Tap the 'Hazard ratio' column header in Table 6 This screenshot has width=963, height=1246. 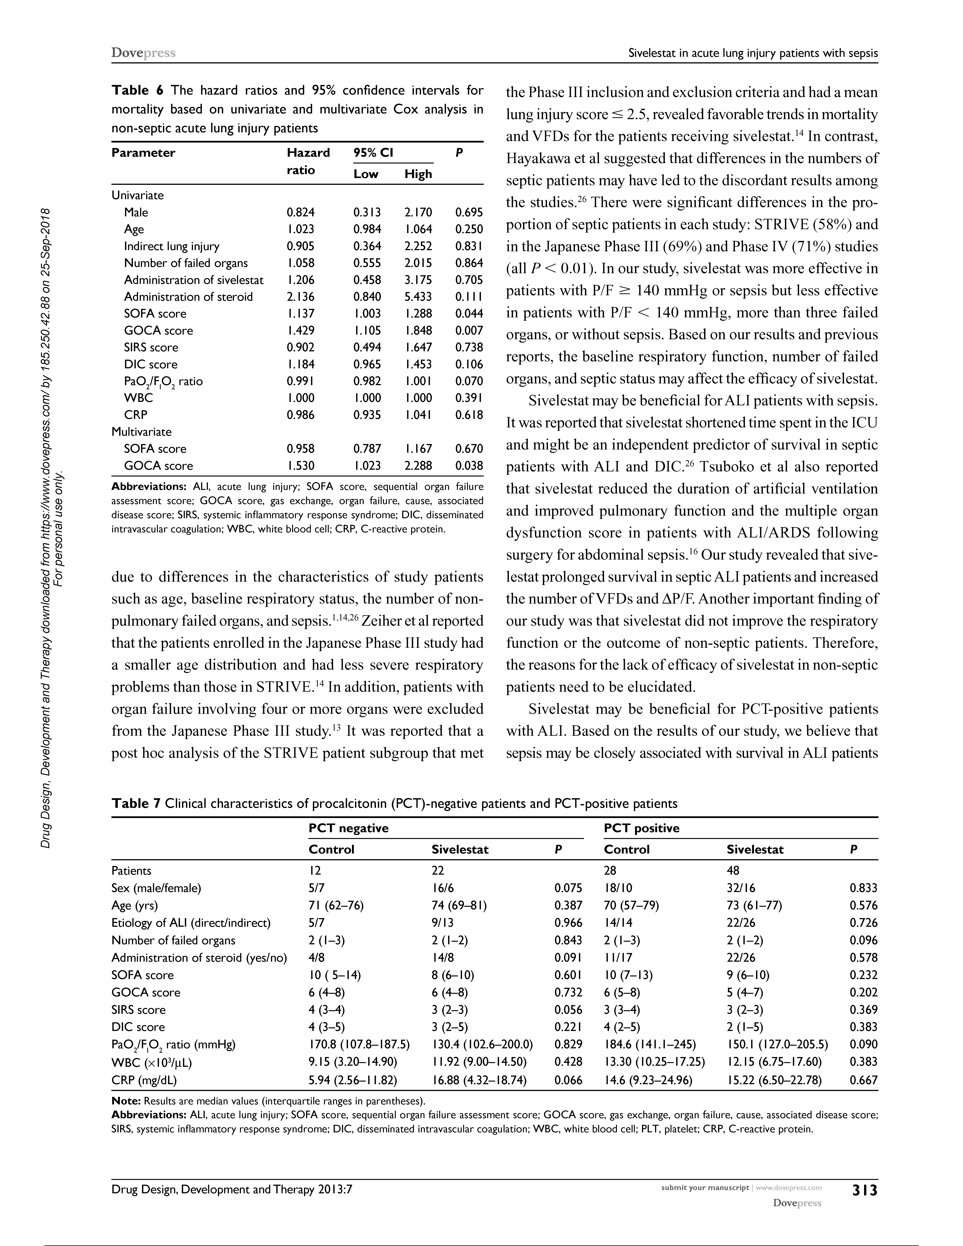coord(308,161)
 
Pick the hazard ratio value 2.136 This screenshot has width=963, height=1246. coord(301,297)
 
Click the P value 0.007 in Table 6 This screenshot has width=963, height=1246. coord(469,330)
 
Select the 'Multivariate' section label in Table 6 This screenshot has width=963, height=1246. coord(141,432)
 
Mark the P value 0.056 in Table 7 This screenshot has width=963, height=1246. coord(568,1010)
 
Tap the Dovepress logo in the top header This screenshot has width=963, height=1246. coord(143,53)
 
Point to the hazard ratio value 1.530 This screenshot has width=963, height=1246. coord(301,466)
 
